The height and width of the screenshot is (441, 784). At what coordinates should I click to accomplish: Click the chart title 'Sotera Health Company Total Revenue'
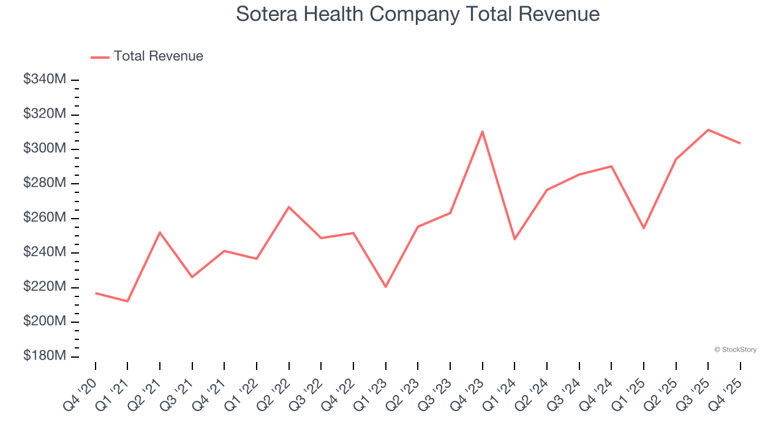click(418, 13)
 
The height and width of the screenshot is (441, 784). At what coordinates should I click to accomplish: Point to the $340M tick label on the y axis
click(45, 80)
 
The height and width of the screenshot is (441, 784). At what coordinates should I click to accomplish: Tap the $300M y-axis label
click(45, 149)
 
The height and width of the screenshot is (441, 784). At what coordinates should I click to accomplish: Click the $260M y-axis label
click(45, 218)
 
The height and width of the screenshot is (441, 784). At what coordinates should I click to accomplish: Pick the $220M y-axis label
click(45, 287)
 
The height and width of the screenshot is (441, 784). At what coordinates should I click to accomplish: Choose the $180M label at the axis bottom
click(45, 356)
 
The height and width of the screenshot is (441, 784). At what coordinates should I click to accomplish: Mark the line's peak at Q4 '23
click(483, 131)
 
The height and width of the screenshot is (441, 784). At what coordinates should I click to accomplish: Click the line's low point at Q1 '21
click(127, 301)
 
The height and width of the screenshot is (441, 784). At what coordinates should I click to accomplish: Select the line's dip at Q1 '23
click(386, 287)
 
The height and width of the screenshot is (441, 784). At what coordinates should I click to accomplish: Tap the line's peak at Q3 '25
click(708, 129)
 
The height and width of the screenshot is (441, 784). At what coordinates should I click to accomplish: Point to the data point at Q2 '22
click(288, 206)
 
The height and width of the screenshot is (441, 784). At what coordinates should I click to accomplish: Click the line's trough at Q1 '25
click(644, 228)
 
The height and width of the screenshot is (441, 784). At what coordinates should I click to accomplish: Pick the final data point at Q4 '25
click(741, 143)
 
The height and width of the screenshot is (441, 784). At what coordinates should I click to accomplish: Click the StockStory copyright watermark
click(735, 350)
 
